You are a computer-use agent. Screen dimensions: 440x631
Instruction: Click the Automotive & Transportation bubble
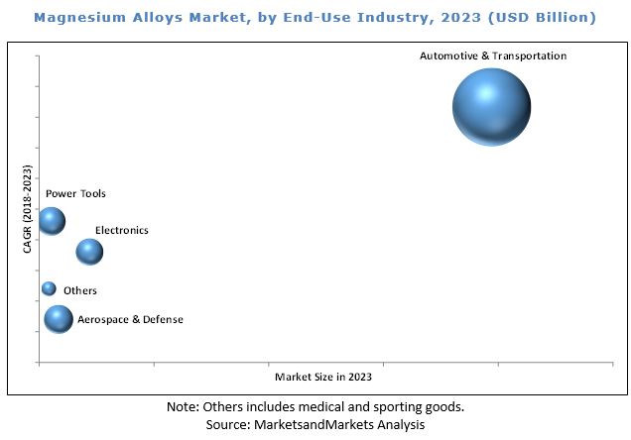491,107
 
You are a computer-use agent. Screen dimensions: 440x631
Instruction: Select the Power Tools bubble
51,221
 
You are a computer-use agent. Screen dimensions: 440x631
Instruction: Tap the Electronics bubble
89,253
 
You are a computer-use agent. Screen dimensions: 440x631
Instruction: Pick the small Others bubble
49,288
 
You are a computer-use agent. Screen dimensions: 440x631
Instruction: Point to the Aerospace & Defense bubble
59,318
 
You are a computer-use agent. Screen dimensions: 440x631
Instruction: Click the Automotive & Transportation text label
493,56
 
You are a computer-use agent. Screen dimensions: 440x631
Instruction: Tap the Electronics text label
121,230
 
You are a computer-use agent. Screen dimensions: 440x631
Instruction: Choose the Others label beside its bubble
80,290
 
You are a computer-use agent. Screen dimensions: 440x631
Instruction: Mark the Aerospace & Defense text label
130,319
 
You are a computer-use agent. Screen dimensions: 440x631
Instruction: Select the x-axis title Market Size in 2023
323,378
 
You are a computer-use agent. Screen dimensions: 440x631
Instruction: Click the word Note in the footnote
183,406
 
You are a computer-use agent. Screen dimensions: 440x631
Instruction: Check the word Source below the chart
227,424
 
